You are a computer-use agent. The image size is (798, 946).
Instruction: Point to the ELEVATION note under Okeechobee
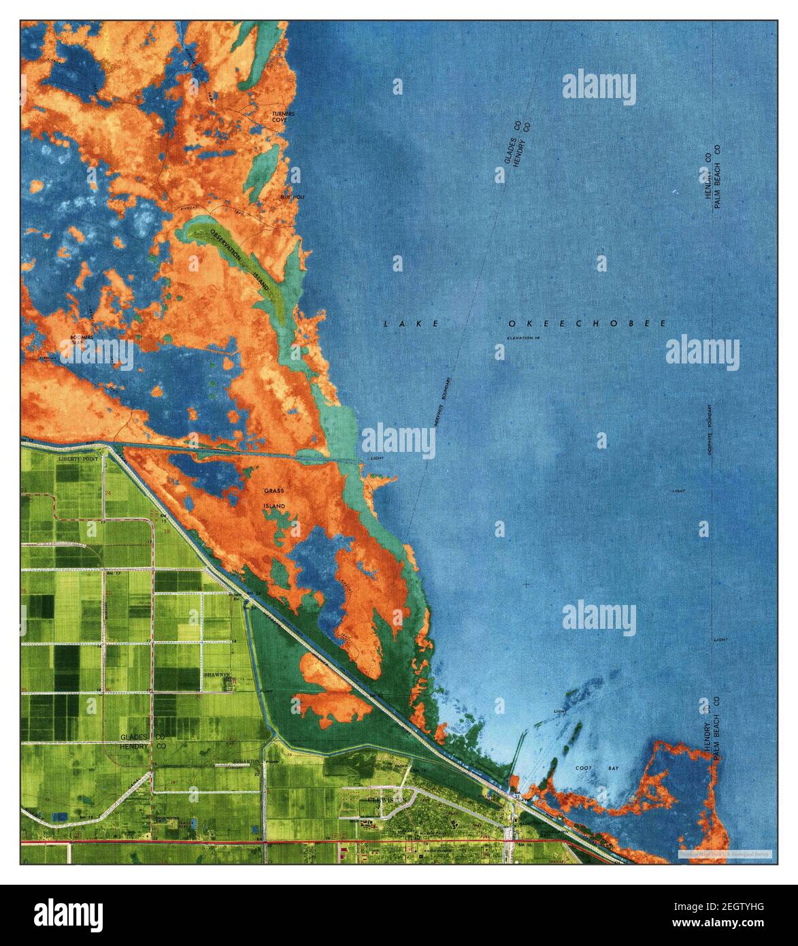pyautogui.click(x=522, y=338)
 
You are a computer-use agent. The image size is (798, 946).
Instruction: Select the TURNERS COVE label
pyautogui.click(x=280, y=116)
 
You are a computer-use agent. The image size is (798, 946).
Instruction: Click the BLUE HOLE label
pyautogui.click(x=290, y=197)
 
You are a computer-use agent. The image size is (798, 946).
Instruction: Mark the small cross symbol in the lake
pyautogui.click(x=527, y=584)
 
